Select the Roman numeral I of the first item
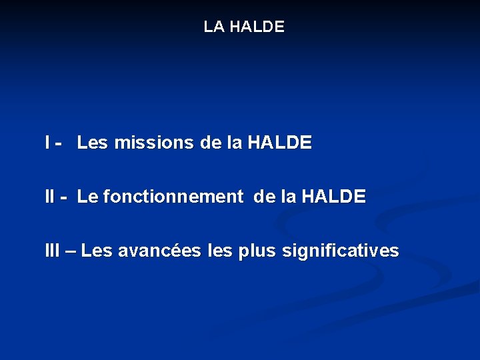(x=47, y=142)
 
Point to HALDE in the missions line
(x=279, y=142)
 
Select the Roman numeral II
(x=50, y=197)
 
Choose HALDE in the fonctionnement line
(x=333, y=197)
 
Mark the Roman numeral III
(x=52, y=251)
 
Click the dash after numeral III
(x=69, y=252)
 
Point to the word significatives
(x=341, y=251)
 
